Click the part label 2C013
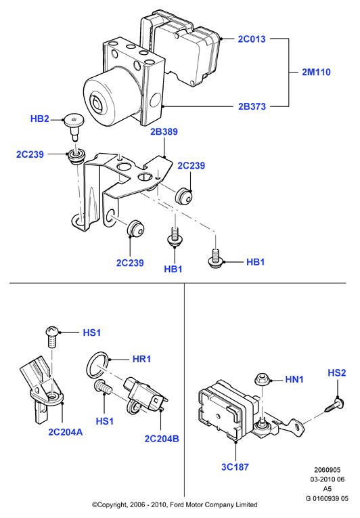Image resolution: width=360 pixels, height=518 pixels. click(x=252, y=39)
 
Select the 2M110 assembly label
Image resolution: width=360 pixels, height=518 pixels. click(x=316, y=72)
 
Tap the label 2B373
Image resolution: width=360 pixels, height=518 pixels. click(x=252, y=106)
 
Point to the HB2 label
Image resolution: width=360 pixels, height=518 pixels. click(x=40, y=118)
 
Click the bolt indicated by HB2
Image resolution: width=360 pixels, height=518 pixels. click(x=74, y=126)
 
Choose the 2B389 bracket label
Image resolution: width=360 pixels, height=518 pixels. click(x=164, y=131)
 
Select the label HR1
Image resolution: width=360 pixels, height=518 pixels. click(x=141, y=359)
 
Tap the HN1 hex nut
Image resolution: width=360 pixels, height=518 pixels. click(x=263, y=379)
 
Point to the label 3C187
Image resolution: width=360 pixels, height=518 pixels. click(x=235, y=467)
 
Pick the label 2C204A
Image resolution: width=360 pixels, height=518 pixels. click(x=66, y=432)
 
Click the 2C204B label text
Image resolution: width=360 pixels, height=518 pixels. click(x=162, y=438)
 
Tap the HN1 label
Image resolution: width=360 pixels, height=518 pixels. click(x=294, y=379)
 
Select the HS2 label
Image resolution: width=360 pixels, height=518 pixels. click(x=336, y=372)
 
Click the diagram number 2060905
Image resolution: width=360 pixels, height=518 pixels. click(x=327, y=470)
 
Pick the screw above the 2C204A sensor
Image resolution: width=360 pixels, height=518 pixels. click(x=52, y=337)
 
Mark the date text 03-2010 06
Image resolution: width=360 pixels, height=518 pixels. click(x=327, y=479)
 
